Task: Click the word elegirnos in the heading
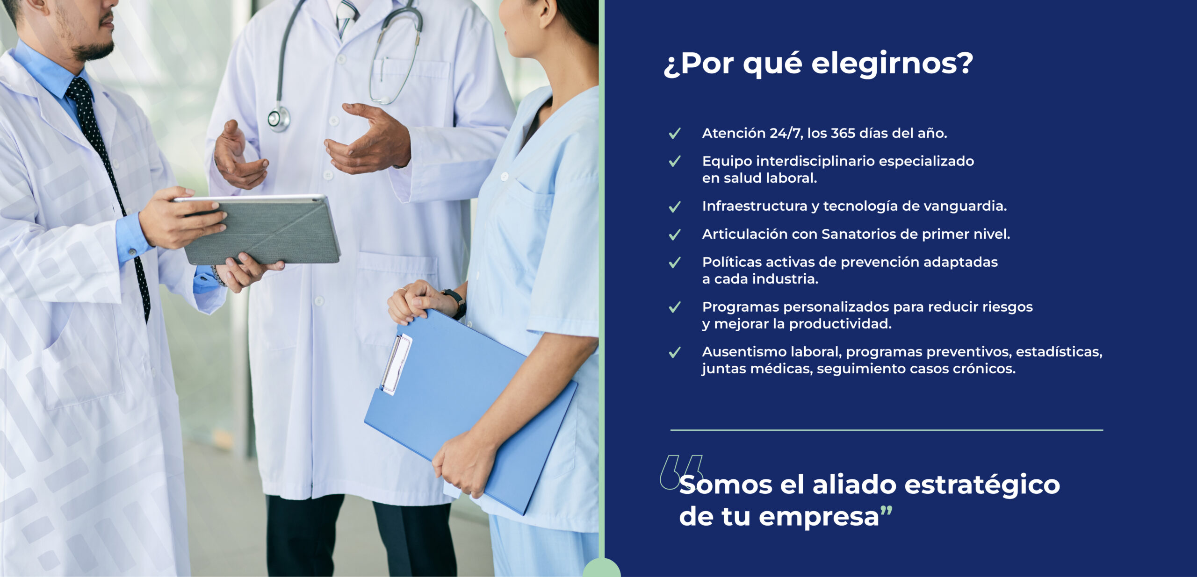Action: tap(892, 64)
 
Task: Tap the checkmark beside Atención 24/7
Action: tap(674, 134)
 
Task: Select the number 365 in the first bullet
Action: tap(843, 133)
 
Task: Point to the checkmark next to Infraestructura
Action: tap(674, 207)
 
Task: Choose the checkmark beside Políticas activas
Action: tap(674, 263)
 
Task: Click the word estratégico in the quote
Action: tap(982, 485)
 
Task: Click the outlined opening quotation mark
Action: tap(681, 472)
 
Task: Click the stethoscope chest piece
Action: tap(279, 119)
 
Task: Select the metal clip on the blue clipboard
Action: tap(396, 363)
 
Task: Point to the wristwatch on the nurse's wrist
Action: tap(456, 303)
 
